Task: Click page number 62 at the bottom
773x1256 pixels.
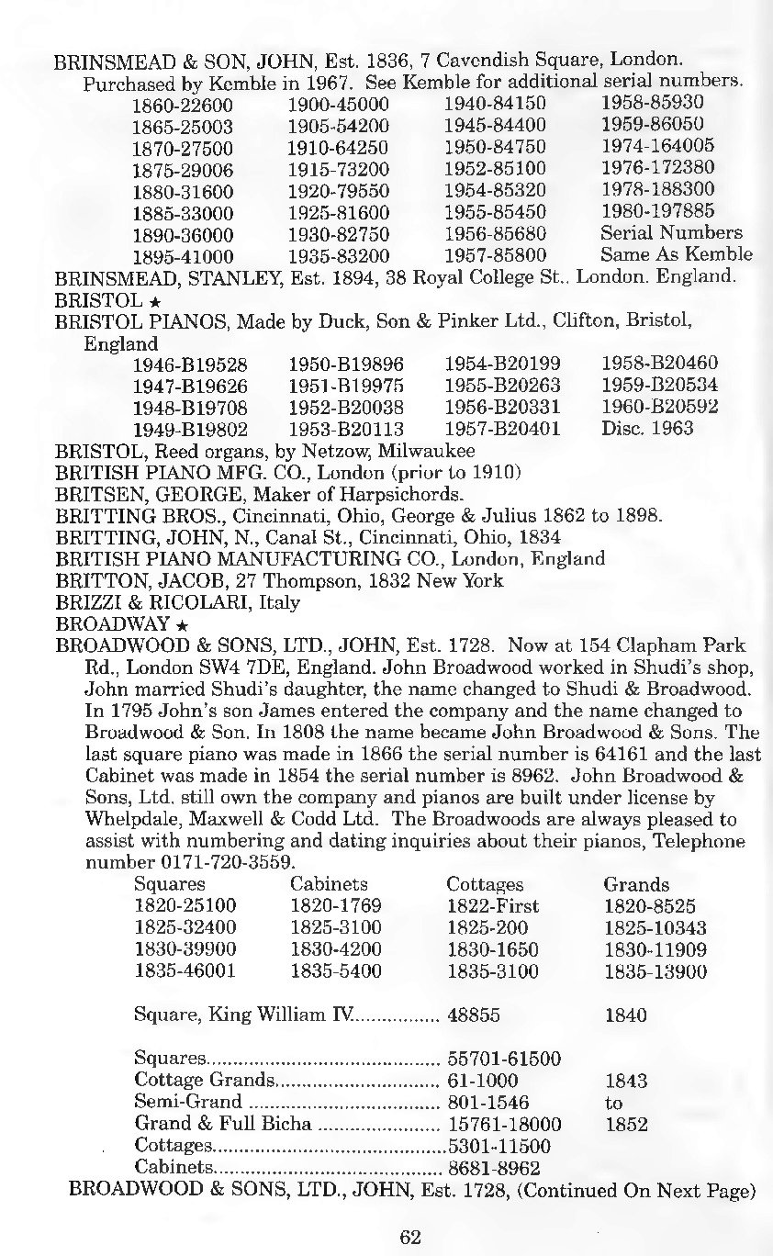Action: pyautogui.click(x=409, y=1236)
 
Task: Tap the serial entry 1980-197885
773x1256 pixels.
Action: pyautogui.click(x=657, y=210)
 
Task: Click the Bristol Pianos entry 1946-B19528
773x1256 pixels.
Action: pyautogui.click(x=184, y=364)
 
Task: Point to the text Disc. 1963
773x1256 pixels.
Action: pyautogui.click(x=646, y=429)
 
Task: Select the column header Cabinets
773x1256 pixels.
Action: pyautogui.click(x=329, y=884)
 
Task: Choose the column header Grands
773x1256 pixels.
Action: pyautogui.click(x=635, y=884)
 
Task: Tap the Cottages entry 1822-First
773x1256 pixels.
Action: pyautogui.click(x=492, y=905)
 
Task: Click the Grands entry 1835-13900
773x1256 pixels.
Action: pyautogui.click(x=655, y=971)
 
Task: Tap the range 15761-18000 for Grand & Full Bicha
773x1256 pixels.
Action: pyautogui.click(x=504, y=1124)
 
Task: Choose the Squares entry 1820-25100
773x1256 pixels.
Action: pyautogui.click(x=185, y=905)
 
